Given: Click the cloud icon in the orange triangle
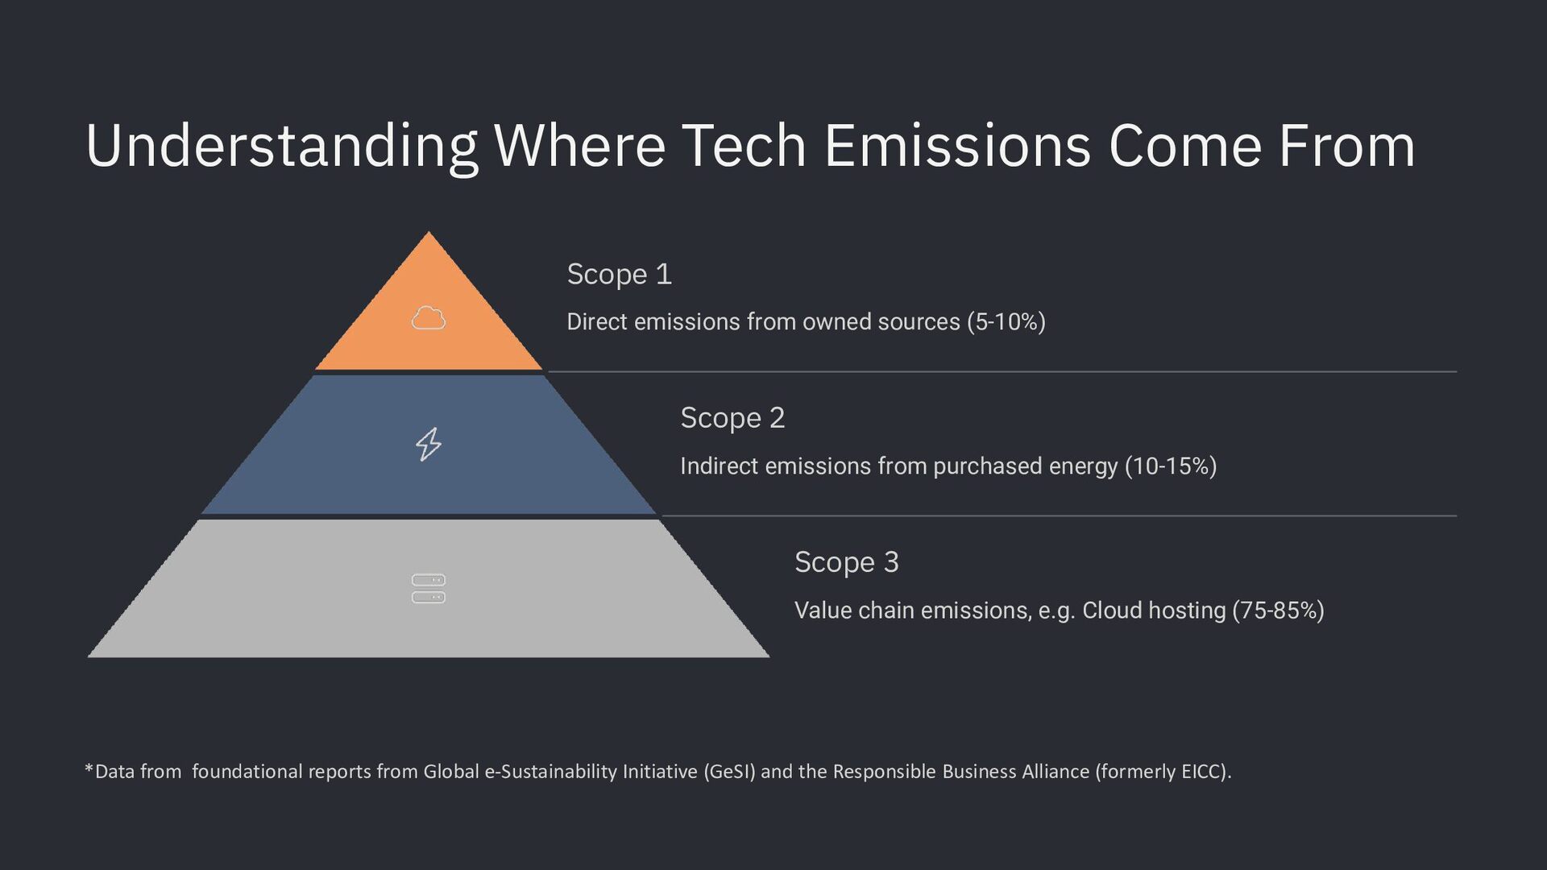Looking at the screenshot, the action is pos(429,318).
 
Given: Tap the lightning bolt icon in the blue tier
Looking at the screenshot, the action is pos(429,444).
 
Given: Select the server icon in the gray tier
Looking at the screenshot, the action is pos(429,589).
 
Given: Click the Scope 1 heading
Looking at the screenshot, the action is pos(619,275).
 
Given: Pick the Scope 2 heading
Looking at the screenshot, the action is pos(732,418).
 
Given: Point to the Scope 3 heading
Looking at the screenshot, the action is pos(847,562).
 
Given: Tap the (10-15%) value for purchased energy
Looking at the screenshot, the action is pos(1171,466).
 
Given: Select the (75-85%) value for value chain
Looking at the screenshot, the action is pos(1279,611).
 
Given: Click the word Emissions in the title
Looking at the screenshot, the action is pos(957,146).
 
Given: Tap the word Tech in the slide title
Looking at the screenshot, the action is pos(744,146).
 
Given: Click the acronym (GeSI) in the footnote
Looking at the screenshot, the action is pos(730,772).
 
